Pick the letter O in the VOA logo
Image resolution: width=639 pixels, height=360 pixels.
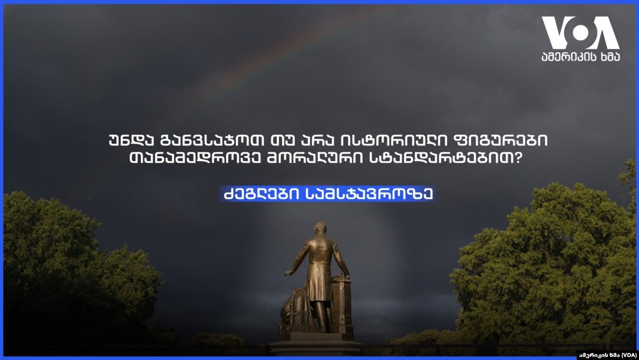(580, 33)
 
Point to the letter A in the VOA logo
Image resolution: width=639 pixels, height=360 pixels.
(605, 33)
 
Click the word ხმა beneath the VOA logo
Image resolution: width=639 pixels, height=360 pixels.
(608, 57)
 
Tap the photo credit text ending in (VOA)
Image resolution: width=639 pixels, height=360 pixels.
(608, 355)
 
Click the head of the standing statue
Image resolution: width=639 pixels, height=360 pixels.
(320, 228)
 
